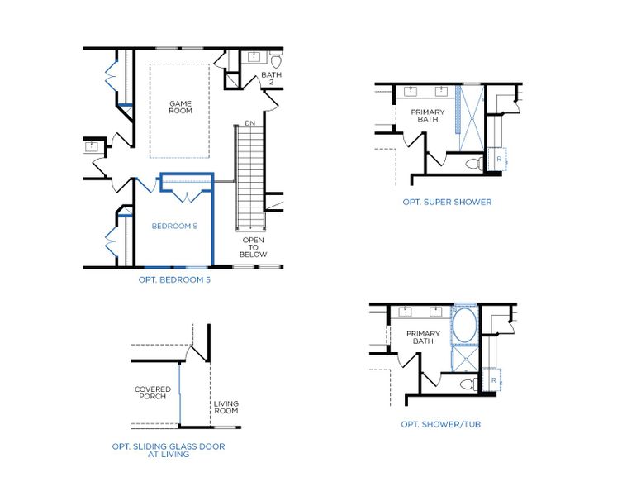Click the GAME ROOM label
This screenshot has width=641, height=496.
[x=180, y=107]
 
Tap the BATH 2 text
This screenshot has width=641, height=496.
[x=271, y=79]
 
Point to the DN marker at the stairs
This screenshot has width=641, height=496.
[x=250, y=123]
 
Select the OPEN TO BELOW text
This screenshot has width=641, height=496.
[x=254, y=247]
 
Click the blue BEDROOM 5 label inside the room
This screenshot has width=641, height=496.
[x=174, y=225]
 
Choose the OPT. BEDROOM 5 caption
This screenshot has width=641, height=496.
[x=174, y=280]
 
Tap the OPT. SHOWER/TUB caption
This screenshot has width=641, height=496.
[x=440, y=424]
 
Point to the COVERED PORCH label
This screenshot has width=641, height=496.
[x=153, y=393]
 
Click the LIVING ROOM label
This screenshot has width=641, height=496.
[x=226, y=407]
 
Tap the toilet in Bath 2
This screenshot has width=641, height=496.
[x=276, y=60]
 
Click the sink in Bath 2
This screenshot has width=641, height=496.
[x=253, y=57]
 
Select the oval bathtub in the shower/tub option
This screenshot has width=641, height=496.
[x=464, y=327]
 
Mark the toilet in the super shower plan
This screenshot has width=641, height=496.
[x=473, y=164]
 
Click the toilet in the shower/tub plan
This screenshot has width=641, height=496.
[x=468, y=384]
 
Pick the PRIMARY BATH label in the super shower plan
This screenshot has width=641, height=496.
[x=428, y=116]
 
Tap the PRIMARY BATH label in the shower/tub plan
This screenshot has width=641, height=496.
[x=423, y=337]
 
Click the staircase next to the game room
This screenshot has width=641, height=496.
[x=249, y=178]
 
